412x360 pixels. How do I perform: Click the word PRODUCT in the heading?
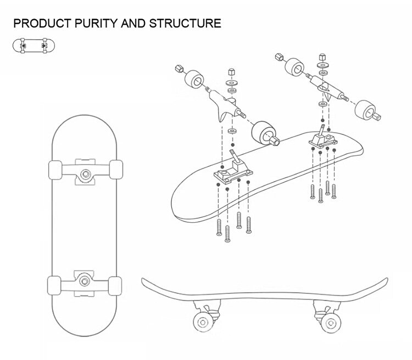click(x=40, y=23)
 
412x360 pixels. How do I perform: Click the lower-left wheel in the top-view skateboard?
click(x=55, y=286)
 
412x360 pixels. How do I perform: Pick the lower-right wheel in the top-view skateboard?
click(x=115, y=286)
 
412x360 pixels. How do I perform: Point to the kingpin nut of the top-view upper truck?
click(x=86, y=174)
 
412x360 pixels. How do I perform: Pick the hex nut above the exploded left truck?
click(x=231, y=74)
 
